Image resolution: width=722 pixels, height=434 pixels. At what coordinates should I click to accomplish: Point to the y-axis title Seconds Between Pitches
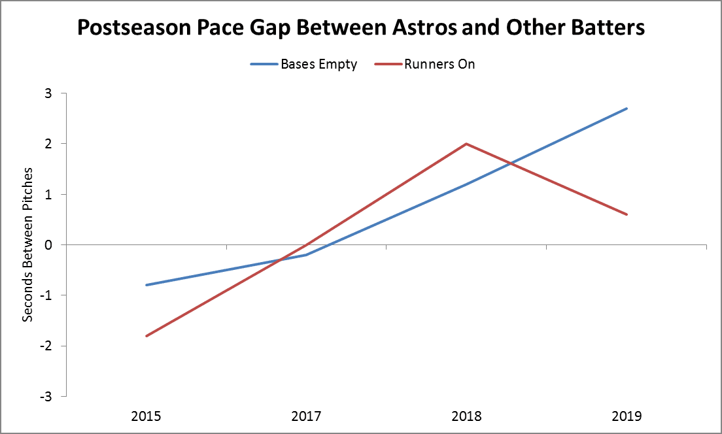(27, 245)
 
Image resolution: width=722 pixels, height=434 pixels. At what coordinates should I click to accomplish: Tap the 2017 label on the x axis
(306, 416)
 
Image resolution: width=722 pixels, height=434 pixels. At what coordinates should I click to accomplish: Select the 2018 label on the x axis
(466, 416)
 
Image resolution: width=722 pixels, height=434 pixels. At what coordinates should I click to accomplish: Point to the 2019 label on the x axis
(627, 416)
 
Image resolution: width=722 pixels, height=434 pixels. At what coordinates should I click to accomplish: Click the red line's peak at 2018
(466, 144)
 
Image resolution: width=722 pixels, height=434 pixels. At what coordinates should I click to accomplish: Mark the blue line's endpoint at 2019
(627, 108)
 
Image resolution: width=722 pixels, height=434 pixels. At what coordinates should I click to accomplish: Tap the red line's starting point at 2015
(146, 336)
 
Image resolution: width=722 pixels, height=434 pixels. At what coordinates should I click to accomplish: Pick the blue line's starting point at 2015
(146, 285)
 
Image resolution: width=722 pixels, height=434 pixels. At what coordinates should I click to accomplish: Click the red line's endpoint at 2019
(627, 214)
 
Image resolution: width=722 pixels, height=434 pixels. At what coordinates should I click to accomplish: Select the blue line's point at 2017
(306, 255)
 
